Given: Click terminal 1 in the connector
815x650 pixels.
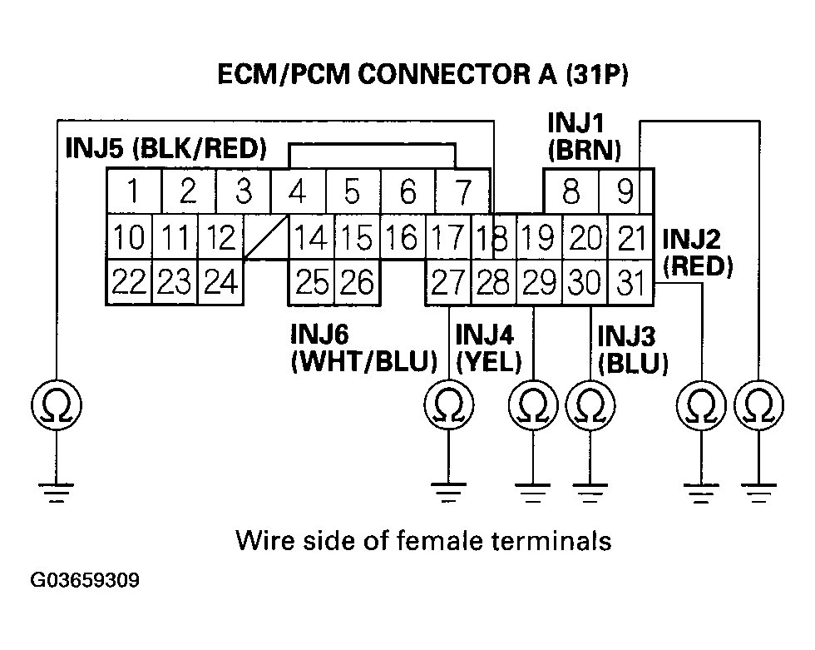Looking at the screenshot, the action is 134,191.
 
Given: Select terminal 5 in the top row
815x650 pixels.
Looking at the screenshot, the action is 353,191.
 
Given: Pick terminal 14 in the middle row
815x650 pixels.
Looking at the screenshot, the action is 311,237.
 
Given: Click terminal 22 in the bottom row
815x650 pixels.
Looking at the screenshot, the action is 129,282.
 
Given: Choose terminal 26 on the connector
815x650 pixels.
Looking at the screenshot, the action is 358,282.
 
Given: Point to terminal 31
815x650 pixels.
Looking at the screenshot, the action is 630,282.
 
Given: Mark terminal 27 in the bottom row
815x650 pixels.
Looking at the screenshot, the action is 448,282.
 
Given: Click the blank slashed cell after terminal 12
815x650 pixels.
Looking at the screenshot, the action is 265,237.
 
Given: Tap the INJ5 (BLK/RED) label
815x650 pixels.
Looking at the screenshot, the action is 165,148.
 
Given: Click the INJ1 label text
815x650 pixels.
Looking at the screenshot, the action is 575,123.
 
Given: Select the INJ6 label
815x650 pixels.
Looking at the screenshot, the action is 319,334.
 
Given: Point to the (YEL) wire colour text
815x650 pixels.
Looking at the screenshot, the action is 489,361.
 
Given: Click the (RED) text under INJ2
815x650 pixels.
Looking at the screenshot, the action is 698,265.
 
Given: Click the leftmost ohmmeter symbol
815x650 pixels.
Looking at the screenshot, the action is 57,404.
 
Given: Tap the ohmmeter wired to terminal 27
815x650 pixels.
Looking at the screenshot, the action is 449,404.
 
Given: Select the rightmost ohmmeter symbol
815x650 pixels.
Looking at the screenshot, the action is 759,404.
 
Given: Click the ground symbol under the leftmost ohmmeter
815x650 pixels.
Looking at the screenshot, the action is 57,493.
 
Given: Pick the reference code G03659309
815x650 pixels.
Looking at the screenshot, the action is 85,580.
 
